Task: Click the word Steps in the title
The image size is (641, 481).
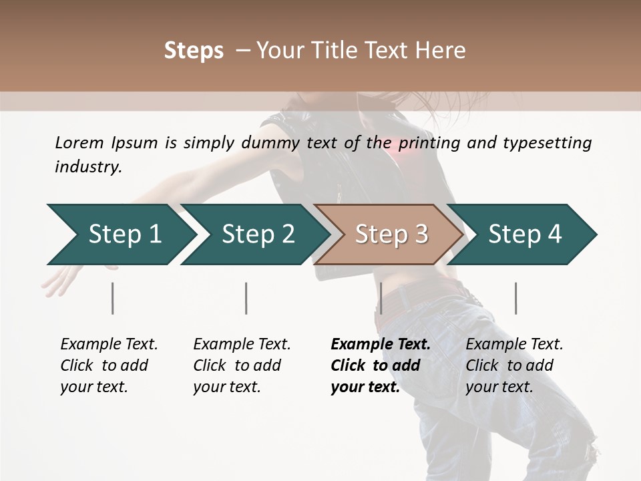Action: click(x=194, y=51)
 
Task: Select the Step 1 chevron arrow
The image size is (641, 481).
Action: click(x=120, y=234)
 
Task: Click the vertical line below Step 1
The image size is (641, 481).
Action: click(x=113, y=298)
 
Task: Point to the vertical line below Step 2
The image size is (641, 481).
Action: click(x=246, y=298)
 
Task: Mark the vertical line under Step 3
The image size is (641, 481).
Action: click(x=381, y=298)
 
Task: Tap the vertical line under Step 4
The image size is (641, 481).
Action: click(x=515, y=298)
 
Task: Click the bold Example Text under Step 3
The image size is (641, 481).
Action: click(x=381, y=365)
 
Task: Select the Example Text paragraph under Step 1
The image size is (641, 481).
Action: click(x=109, y=365)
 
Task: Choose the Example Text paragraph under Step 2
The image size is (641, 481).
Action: click(x=242, y=365)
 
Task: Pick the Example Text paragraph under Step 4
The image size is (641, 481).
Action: click(x=514, y=365)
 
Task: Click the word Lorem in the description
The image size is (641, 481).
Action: click(x=79, y=142)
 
